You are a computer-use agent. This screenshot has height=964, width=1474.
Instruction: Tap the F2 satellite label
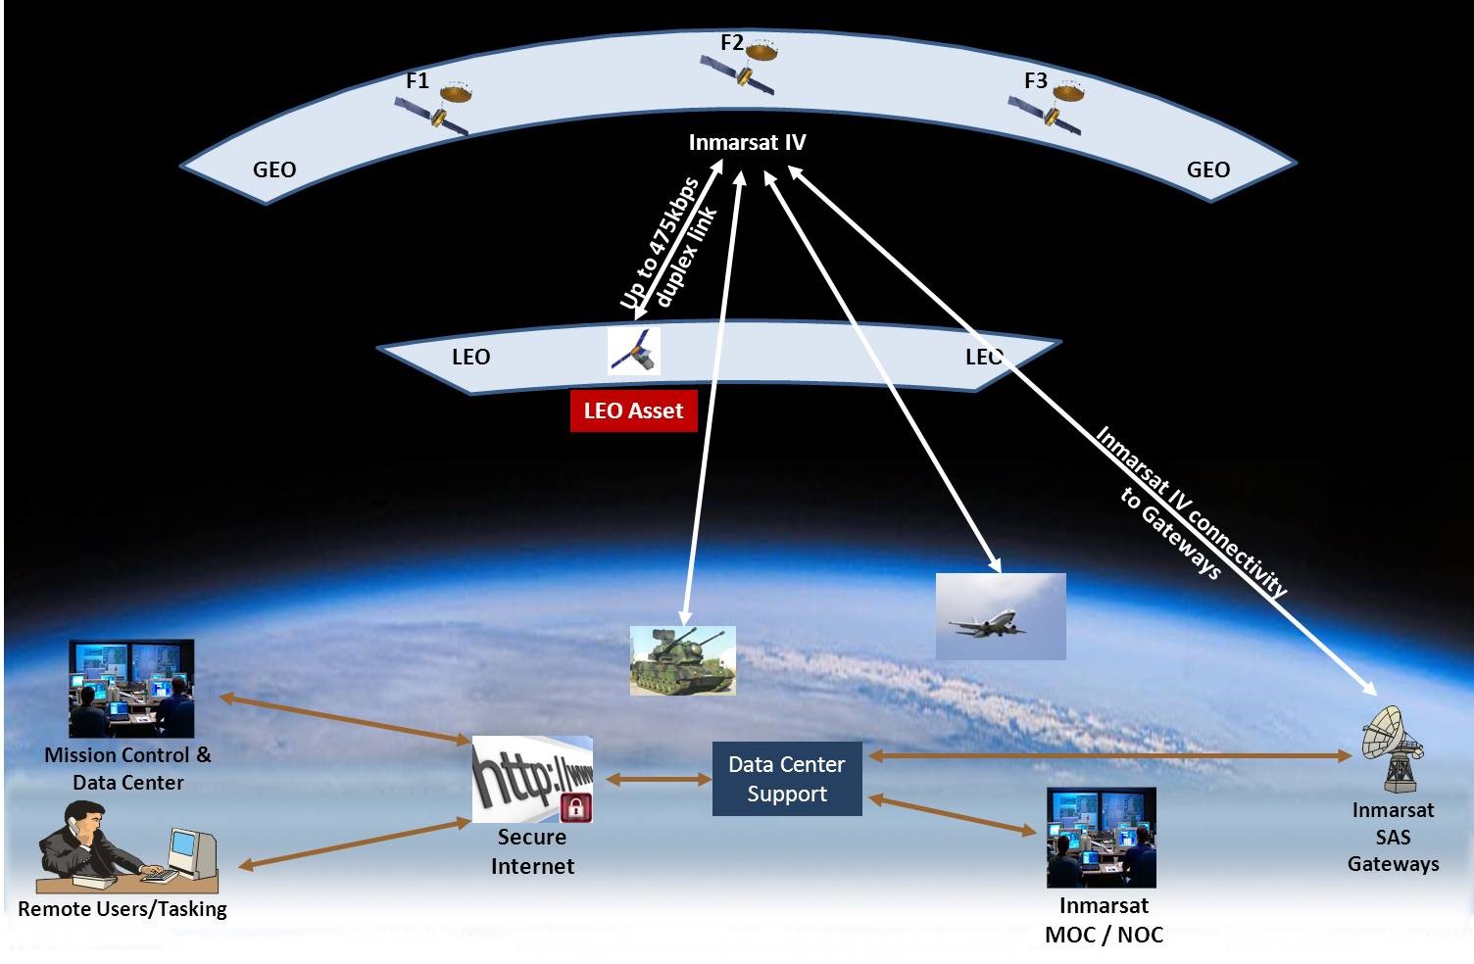[731, 43]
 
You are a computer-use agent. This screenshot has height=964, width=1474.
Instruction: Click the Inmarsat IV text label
[747, 143]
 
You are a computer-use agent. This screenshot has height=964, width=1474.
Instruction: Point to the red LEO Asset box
[633, 411]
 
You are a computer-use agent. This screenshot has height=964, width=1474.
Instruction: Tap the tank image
[682, 661]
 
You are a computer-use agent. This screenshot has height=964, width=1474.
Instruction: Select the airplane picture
[1000, 616]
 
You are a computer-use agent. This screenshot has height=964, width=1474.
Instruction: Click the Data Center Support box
[786, 779]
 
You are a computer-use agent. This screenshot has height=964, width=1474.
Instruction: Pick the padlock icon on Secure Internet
[575, 807]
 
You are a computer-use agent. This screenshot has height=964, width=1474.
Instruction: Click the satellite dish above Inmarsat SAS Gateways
[1392, 747]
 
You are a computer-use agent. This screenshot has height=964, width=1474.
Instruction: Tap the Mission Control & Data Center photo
[131, 689]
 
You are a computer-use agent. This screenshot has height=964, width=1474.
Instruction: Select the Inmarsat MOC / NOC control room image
[1101, 838]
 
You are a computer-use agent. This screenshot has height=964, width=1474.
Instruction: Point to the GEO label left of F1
[274, 169]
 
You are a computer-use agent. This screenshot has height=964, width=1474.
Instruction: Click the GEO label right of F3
[1207, 169]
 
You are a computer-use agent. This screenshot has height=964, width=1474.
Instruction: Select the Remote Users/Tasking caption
[123, 909]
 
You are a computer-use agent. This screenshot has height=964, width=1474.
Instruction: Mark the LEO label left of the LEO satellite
[470, 357]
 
